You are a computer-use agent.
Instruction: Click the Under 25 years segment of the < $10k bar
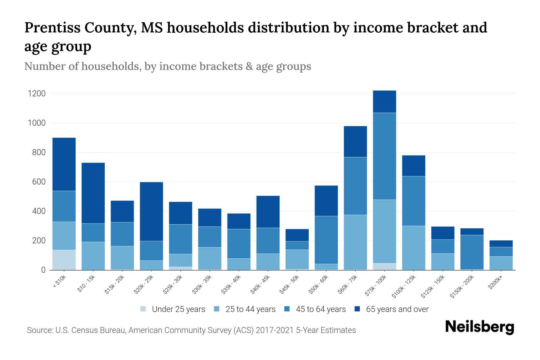[64, 260]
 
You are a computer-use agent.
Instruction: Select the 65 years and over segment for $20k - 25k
[151, 211]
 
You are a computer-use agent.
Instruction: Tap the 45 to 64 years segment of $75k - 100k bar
[384, 156]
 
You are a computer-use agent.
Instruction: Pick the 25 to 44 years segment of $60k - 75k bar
[355, 242]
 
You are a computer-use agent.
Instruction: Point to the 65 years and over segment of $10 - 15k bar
[93, 193]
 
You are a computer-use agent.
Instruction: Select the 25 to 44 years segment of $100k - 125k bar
[413, 248]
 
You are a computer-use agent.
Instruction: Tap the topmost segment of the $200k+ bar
[501, 244]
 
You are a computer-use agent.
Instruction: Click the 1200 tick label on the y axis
[37, 94]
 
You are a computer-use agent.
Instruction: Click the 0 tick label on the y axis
[43, 270]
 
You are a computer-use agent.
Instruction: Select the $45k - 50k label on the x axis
[290, 284]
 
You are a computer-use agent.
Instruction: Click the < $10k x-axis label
[59, 282]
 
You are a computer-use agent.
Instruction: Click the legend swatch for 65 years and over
[357, 309]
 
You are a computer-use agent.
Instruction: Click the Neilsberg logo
[479, 327]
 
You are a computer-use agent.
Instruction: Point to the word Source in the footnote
[39, 330]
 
